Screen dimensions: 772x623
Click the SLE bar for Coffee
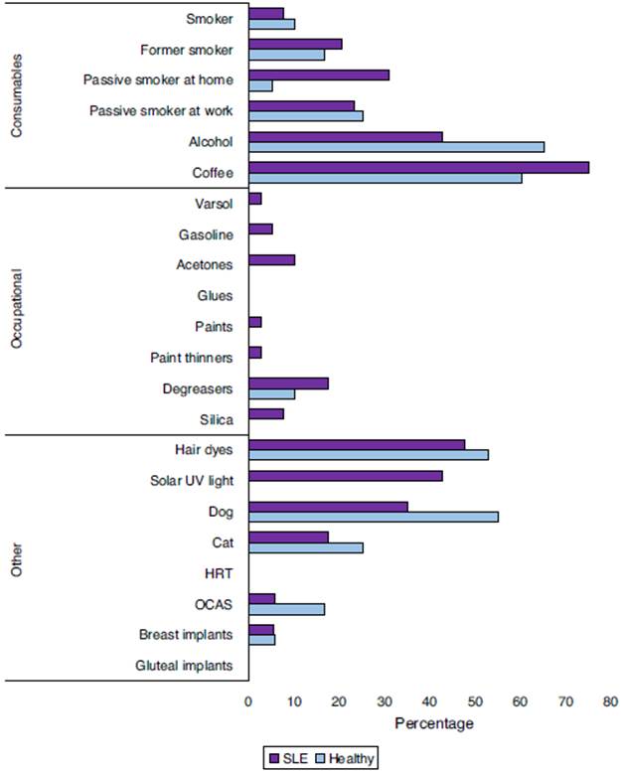pyautogui.click(x=418, y=167)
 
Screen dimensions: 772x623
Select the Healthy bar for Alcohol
pyautogui.click(x=396, y=146)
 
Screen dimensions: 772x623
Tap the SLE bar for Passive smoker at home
pyautogui.click(x=319, y=75)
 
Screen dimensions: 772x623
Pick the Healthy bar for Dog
pyautogui.click(x=374, y=517)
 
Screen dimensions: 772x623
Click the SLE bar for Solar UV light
pyautogui.click(x=346, y=476)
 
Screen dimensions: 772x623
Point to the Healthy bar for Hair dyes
pyautogui.click(x=369, y=455)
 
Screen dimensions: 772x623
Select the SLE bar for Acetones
pyautogui.click(x=272, y=260)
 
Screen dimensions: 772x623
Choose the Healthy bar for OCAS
pyautogui.click(x=286, y=609)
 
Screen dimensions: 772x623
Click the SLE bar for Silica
pyautogui.click(x=266, y=413)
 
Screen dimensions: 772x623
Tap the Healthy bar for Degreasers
pyautogui.click(x=272, y=393)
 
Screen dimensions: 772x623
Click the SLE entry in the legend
pyautogui.click(x=289, y=759)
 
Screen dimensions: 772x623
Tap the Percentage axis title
pyautogui.click(x=434, y=723)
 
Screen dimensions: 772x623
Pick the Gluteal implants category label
pyautogui.click(x=186, y=666)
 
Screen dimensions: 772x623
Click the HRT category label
pyautogui.click(x=219, y=573)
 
